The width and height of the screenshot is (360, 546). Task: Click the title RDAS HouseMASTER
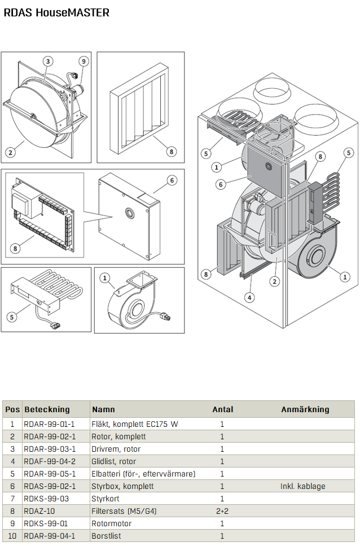[56, 12]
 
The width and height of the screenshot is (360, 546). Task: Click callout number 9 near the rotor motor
[84, 62]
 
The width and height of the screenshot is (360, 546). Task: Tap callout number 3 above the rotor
[48, 62]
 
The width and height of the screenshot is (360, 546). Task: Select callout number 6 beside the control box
[172, 180]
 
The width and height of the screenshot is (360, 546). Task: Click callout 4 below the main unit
[249, 298]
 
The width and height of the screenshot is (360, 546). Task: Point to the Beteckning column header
[47, 409]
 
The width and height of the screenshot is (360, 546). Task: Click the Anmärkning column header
[305, 409]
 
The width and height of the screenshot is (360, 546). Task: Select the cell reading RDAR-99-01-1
[49, 424]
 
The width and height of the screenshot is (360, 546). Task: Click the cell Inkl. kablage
[303, 486]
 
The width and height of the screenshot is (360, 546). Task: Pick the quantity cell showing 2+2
[222, 511]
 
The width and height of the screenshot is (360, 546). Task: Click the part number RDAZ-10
[39, 511]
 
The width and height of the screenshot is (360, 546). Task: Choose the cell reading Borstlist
[107, 536]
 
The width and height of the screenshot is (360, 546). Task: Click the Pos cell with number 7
[12, 499]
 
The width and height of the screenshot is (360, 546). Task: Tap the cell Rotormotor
[112, 523]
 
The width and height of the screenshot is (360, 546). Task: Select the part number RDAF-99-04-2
[50, 461]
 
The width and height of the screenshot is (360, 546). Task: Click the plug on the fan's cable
[165, 317]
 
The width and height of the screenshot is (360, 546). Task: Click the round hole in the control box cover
[130, 212]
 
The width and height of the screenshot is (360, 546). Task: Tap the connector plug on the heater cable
[56, 326]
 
